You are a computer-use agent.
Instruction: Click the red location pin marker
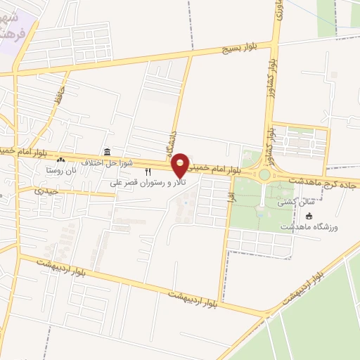pos(181,165)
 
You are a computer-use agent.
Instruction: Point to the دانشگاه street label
pos(173,138)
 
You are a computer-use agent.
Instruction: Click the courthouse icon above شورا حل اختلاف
pos(106,152)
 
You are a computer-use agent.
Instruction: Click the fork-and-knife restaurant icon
pos(148,172)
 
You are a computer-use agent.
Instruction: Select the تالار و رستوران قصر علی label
pos(141,183)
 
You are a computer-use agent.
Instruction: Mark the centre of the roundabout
pos(264,174)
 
